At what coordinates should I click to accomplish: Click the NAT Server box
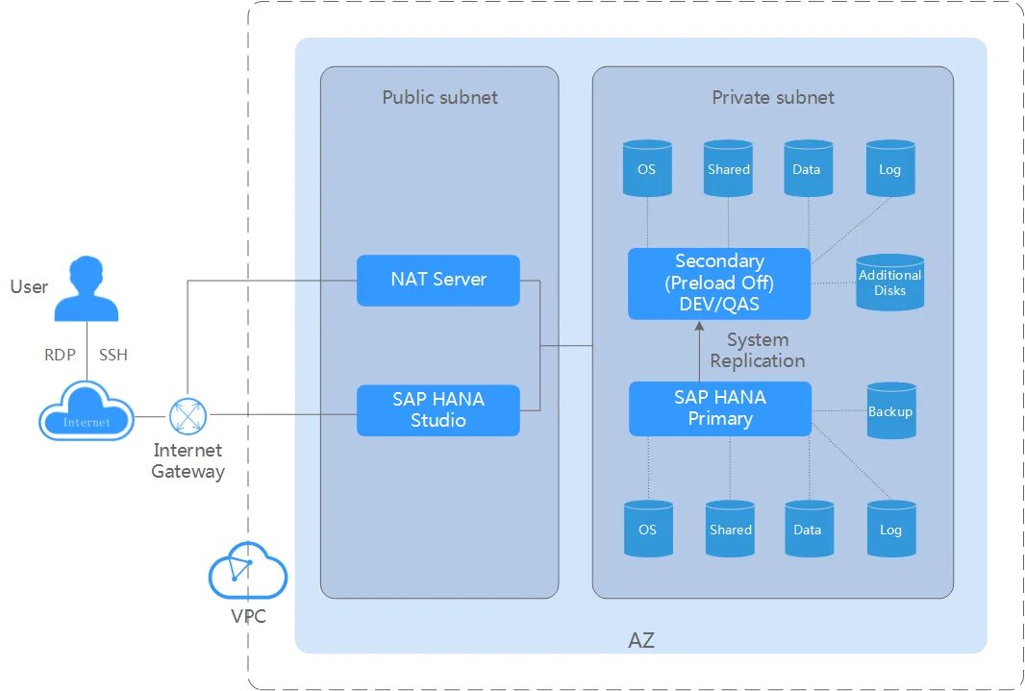pyautogui.click(x=438, y=280)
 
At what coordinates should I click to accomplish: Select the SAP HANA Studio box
pyautogui.click(x=438, y=410)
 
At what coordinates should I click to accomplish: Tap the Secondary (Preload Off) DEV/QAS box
pyautogui.click(x=719, y=284)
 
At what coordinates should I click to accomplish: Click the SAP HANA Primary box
pyautogui.click(x=720, y=408)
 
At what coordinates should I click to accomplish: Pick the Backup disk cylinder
pyautogui.click(x=890, y=411)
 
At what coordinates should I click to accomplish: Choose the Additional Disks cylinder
pyautogui.click(x=889, y=283)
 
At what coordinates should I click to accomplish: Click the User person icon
pyautogui.click(x=87, y=288)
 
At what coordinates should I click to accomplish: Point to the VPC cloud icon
pyautogui.click(x=248, y=571)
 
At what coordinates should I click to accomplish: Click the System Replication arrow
pyautogui.click(x=700, y=351)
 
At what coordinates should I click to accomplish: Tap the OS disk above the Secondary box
pyautogui.click(x=647, y=168)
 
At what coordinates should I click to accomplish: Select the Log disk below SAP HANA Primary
pyautogui.click(x=890, y=529)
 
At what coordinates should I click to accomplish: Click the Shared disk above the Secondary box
pyautogui.click(x=728, y=168)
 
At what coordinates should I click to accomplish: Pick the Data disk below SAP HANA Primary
pyautogui.click(x=808, y=529)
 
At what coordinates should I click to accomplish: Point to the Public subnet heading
pyautogui.click(x=439, y=97)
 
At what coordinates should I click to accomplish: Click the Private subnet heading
pyautogui.click(x=773, y=97)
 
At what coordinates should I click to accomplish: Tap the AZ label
pyautogui.click(x=641, y=640)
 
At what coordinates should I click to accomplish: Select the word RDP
pyautogui.click(x=60, y=355)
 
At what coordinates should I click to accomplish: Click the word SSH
pyautogui.click(x=113, y=355)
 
